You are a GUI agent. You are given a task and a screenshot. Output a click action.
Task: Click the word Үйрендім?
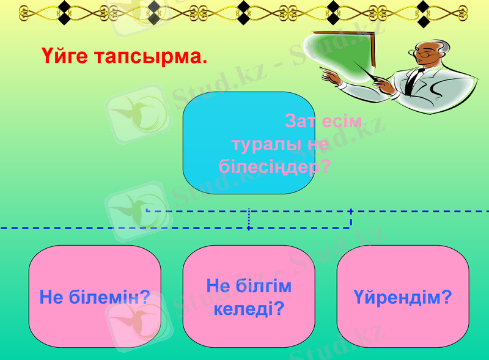pyautogui.click(x=403, y=298)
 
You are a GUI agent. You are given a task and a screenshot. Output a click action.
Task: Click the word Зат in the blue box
pyautogui.click(x=300, y=121)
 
